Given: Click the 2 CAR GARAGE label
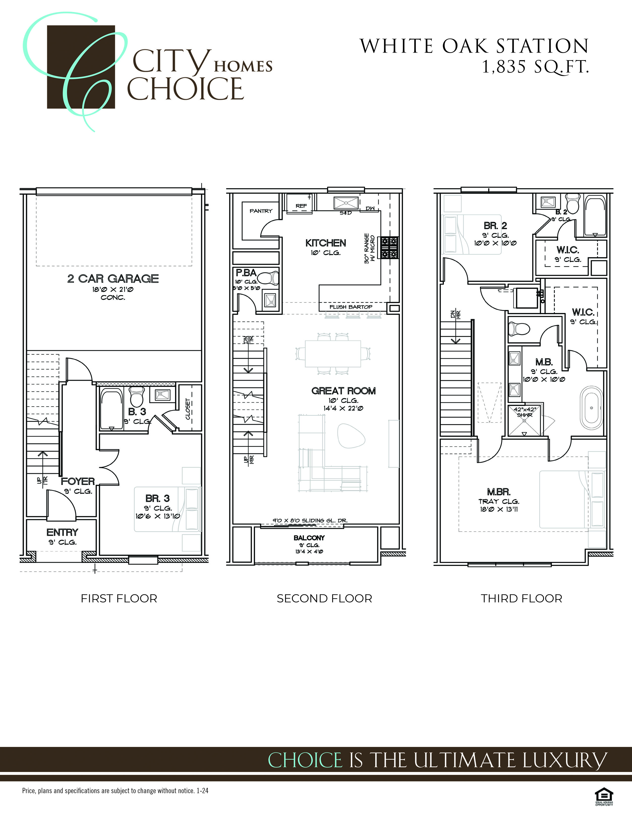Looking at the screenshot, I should pyautogui.click(x=113, y=279).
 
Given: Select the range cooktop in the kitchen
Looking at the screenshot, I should pyautogui.click(x=389, y=248).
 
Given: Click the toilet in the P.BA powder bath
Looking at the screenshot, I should pyautogui.click(x=268, y=278).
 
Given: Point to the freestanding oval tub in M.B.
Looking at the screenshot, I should pyautogui.click(x=592, y=408).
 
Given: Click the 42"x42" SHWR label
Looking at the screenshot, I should pyautogui.click(x=524, y=412).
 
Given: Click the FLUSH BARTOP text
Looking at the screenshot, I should pyautogui.click(x=351, y=307).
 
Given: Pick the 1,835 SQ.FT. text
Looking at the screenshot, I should pyautogui.click(x=535, y=68).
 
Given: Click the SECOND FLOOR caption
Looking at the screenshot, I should pyautogui.click(x=324, y=599).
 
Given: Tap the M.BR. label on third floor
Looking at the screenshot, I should pyautogui.click(x=498, y=492).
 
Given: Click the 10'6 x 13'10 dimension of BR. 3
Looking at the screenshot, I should pyautogui.click(x=158, y=516).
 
